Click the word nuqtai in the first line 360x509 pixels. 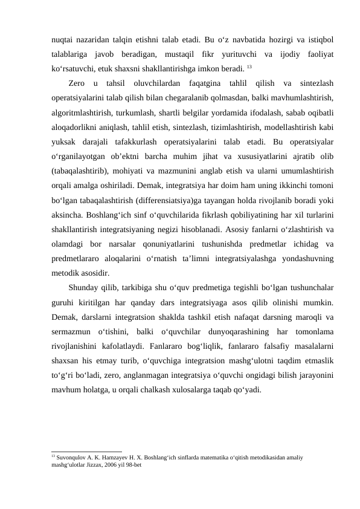point(64,39)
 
